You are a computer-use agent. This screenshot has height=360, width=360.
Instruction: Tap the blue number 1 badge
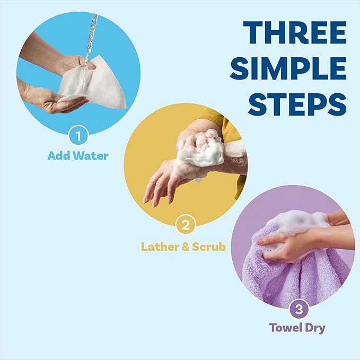tap(78, 136)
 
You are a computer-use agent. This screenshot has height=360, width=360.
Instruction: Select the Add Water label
tap(78, 156)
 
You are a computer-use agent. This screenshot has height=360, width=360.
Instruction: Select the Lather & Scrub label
tap(183, 247)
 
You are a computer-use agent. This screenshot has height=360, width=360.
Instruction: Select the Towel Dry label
tap(297, 328)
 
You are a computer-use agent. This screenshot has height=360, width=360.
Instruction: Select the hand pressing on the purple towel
tap(286, 244)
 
